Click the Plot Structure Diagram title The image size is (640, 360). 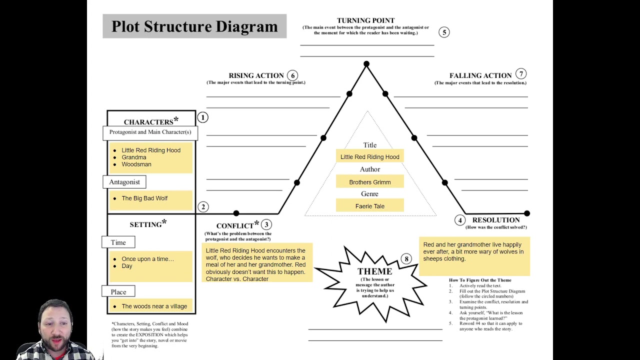click(x=194, y=26)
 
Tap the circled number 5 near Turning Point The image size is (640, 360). click(x=444, y=32)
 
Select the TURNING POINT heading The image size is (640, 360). click(x=365, y=20)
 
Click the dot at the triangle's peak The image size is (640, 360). click(x=366, y=64)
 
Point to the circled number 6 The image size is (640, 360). click(x=292, y=75)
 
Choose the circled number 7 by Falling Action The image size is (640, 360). click(x=521, y=74)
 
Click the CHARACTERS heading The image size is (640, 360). click(x=148, y=122)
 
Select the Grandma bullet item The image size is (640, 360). click(x=133, y=157)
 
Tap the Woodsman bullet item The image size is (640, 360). click(x=136, y=164)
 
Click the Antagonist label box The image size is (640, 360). click(x=124, y=182)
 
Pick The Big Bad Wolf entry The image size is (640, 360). click(x=144, y=198)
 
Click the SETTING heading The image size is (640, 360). click(x=145, y=224)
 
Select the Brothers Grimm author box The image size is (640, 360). click(x=370, y=182)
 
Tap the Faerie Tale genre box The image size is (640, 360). click(x=370, y=206)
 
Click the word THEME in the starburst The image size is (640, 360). click(x=374, y=271)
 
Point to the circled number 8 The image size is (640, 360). click(x=406, y=258)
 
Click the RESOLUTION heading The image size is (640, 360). click(x=496, y=220)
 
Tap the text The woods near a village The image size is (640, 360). click(x=154, y=306)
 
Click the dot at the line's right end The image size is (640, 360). click(x=526, y=213)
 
